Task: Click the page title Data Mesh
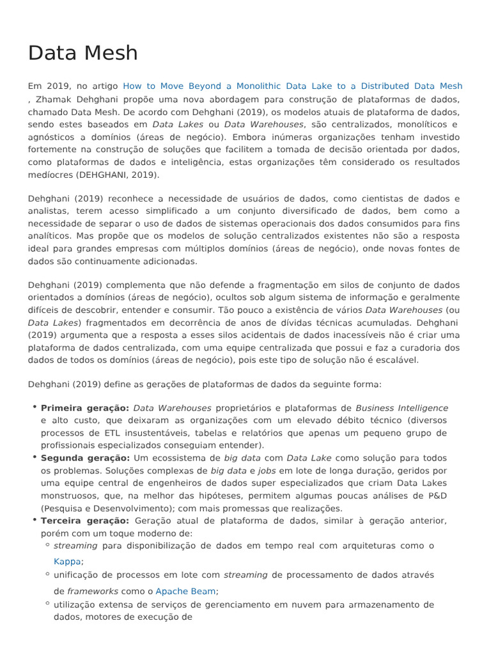83,53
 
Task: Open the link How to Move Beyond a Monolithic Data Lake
292,86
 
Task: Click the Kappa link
67,561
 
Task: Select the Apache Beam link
185,591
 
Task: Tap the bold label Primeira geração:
85,407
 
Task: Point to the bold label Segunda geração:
85,458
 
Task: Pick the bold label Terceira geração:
84,521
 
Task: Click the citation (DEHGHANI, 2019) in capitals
118,174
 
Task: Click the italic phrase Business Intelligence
401,407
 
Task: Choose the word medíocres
51,174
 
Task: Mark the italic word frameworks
93,591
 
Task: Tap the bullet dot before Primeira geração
33,407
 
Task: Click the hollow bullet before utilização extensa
48,603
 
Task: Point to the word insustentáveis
153,432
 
